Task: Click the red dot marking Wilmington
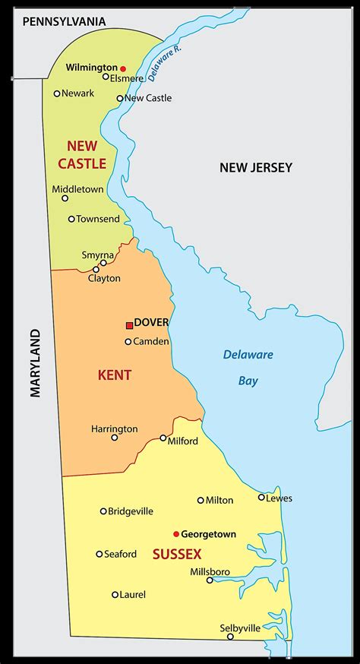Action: [123, 68]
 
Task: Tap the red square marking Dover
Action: [129, 325]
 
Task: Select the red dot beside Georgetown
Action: [175, 534]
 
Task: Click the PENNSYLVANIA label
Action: [65, 23]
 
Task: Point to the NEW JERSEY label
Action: [256, 168]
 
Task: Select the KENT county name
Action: [115, 375]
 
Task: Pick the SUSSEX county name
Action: [177, 555]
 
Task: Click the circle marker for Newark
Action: [57, 93]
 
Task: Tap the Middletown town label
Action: [77, 189]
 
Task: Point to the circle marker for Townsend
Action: [71, 219]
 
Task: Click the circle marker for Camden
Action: [128, 342]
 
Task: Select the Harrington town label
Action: [115, 428]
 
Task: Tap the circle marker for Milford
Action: [163, 438]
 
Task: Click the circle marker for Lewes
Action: [261, 498]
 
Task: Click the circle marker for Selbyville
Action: [230, 636]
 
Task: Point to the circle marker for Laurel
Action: [115, 595]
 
